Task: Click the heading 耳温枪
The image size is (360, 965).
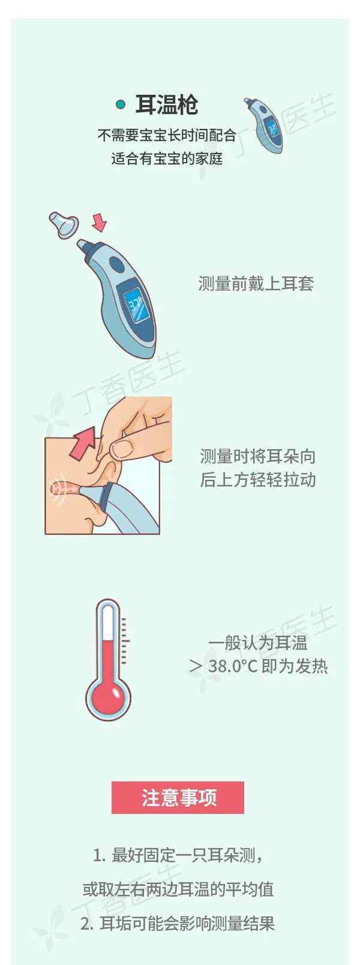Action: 167,105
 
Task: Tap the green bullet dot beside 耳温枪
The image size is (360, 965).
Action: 121,104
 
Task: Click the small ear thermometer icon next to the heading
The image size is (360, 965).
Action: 264,125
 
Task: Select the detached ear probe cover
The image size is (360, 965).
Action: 64,224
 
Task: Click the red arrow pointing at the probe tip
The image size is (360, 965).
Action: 99,222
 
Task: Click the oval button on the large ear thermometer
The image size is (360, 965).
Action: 116,264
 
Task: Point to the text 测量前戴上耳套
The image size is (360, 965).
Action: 256,284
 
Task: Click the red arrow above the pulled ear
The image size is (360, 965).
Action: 84,441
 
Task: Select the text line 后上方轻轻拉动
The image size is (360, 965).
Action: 257,480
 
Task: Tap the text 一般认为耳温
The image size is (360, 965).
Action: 258,643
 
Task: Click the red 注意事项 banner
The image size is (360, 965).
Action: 178,798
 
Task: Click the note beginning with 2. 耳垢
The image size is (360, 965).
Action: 177,923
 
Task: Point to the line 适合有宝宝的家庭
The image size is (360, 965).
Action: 167,158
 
